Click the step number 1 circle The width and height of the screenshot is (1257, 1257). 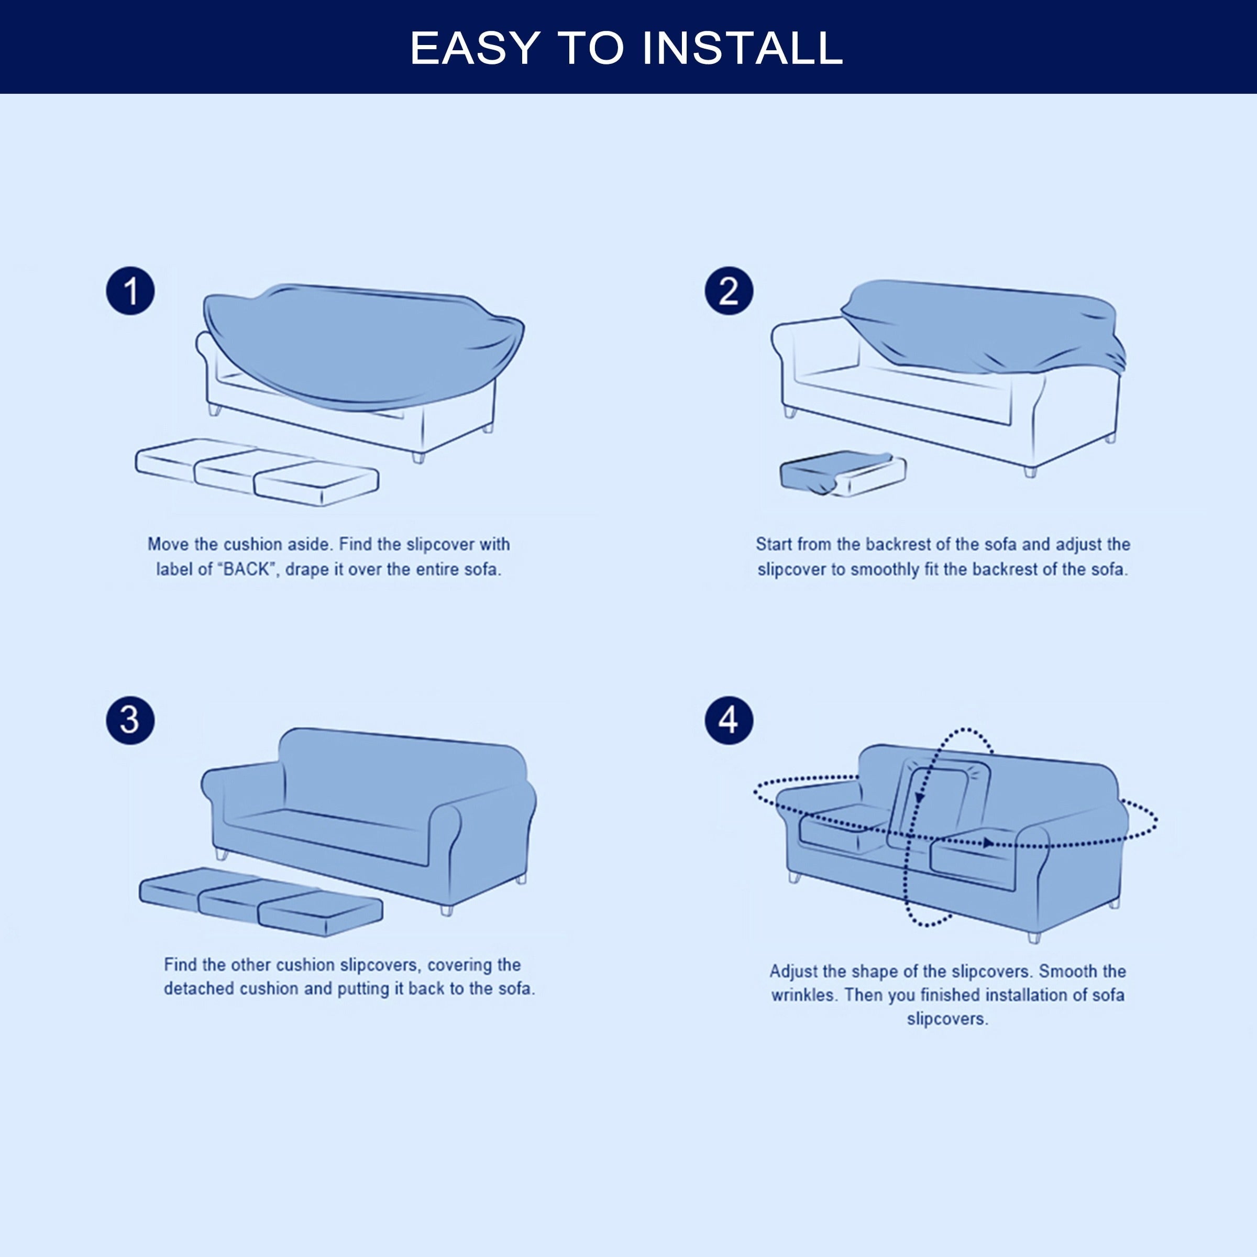tap(130, 291)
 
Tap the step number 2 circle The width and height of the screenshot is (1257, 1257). tap(729, 291)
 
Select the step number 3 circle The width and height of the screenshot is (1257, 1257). tap(130, 720)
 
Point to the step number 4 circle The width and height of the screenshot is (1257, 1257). tap(729, 720)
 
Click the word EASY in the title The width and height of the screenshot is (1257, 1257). tap(475, 48)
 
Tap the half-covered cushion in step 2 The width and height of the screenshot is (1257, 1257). tap(843, 473)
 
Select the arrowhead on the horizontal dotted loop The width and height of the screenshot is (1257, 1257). tap(988, 843)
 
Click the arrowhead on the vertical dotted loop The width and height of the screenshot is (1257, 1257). tap(920, 798)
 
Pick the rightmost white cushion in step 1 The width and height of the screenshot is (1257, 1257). tap(316, 483)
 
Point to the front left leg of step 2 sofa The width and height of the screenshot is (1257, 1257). tap(790, 412)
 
